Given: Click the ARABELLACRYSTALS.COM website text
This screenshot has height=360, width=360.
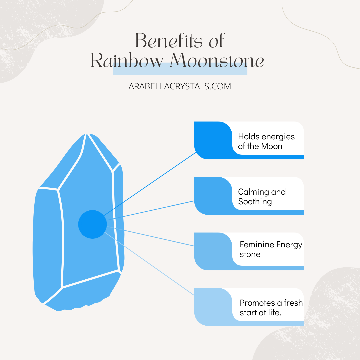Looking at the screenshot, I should click(x=180, y=86).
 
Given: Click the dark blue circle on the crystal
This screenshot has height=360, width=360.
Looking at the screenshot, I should click(x=92, y=224).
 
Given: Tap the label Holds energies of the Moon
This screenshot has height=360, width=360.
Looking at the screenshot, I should click(x=266, y=141).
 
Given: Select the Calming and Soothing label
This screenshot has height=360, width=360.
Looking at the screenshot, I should click(x=262, y=197).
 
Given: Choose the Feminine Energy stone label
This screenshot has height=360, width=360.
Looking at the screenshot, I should click(x=270, y=249).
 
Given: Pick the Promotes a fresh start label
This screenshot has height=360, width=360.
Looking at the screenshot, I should click(x=271, y=308).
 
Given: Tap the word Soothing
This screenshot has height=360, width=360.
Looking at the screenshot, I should click(x=255, y=202).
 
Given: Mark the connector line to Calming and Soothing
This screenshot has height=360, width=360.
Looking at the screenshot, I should click(x=150, y=210).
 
